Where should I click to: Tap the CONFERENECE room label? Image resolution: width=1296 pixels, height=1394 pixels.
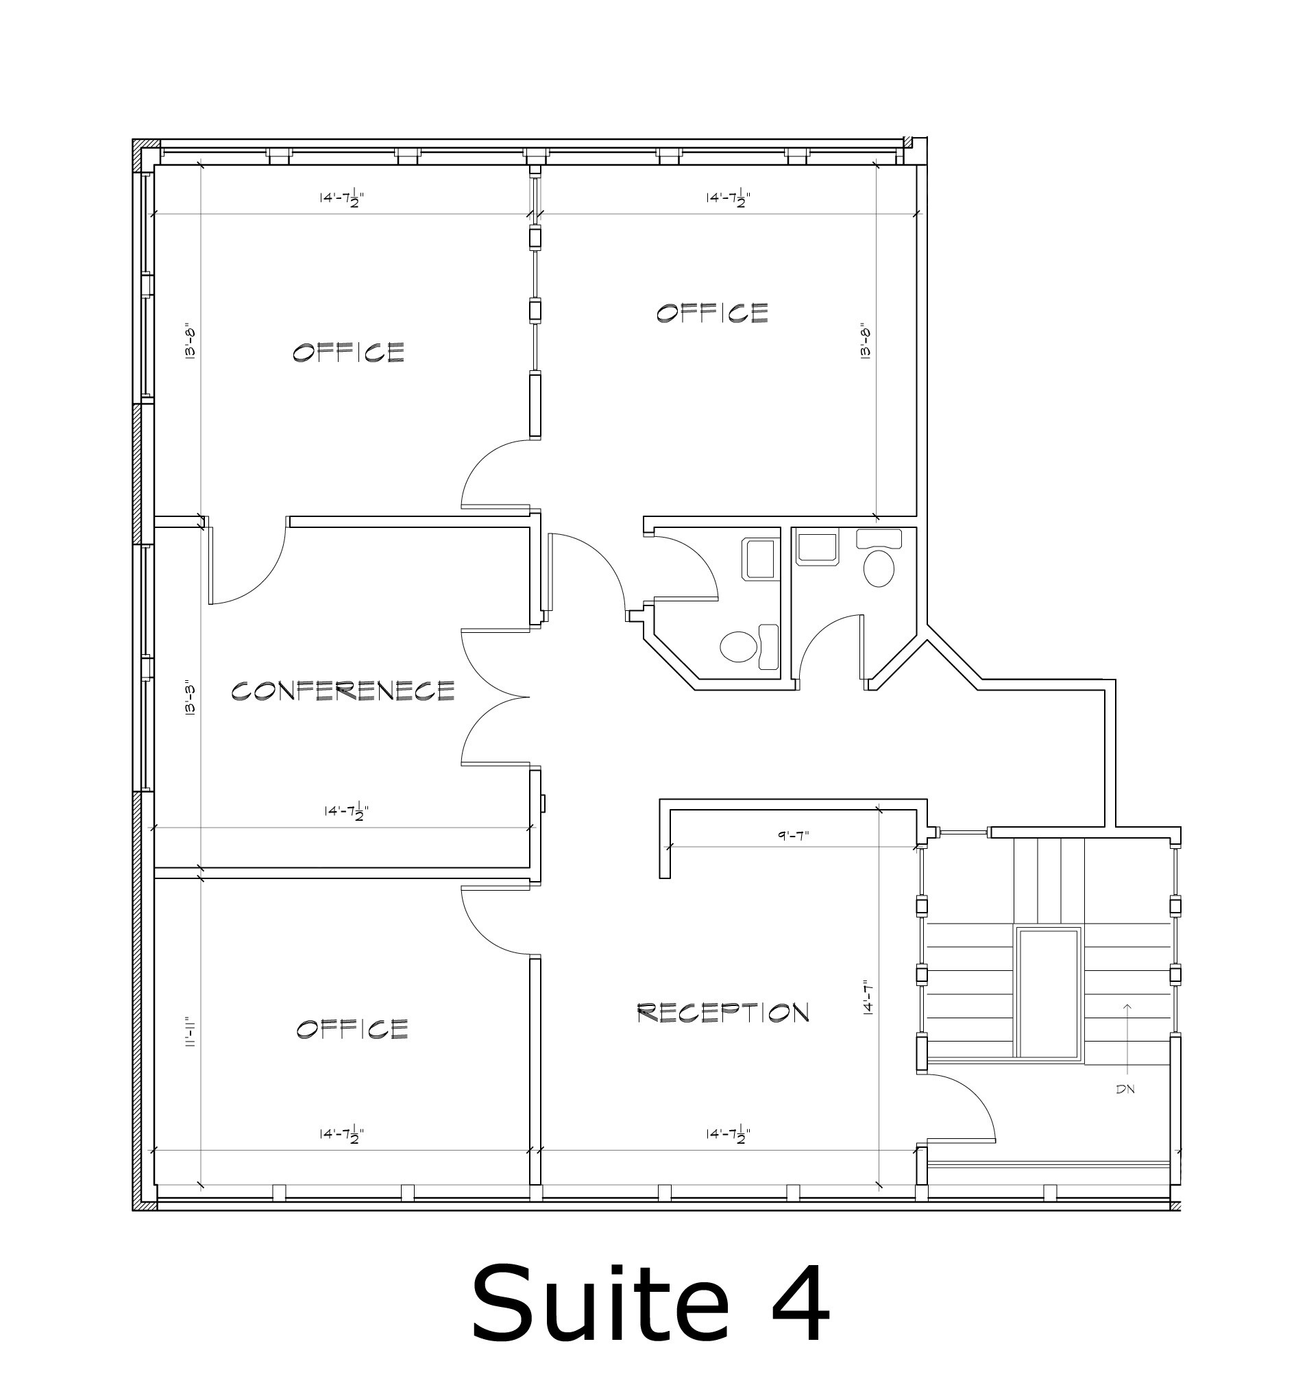pos(343,690)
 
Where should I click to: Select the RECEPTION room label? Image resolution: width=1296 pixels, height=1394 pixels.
pos(723,1012)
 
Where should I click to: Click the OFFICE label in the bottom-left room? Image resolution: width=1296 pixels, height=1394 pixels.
pos(352,1029)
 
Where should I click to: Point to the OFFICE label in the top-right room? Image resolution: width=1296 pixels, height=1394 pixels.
pos(712,312)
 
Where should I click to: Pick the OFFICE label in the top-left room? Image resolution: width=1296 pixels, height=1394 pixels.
pos(348,352)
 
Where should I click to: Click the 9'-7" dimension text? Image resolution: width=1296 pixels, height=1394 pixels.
pos(794,836)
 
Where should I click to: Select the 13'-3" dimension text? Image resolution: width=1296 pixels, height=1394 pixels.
pos(189,699)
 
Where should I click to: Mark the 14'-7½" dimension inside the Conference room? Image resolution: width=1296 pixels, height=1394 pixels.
pos(346,811)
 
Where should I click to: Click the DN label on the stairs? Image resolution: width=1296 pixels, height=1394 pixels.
pos(1125,1089)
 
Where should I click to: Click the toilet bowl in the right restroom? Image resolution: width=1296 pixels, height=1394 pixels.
pos(880,568)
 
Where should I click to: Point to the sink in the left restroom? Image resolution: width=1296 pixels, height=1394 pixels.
pos(760,559)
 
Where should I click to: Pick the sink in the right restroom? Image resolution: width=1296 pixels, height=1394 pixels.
pos(817,548)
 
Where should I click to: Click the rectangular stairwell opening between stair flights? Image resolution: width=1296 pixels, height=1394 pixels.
pos(1048,993)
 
